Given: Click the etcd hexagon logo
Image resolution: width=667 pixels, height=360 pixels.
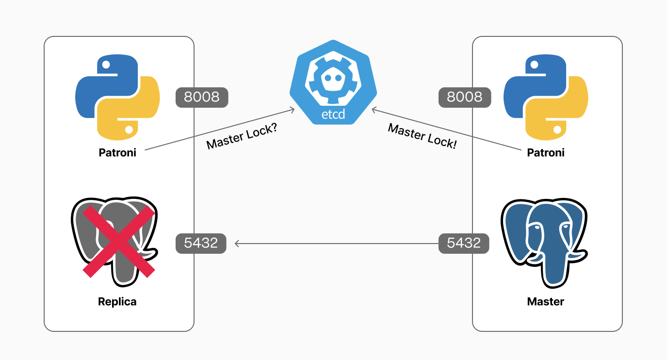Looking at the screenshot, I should click(x=333, y=82).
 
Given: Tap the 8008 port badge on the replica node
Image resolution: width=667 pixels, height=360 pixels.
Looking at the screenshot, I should click(x=202, y=97).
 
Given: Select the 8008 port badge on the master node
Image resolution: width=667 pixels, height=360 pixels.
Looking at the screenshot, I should click(x=464, y=97).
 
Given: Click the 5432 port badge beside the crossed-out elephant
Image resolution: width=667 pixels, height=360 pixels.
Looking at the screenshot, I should click(x=201, y=243).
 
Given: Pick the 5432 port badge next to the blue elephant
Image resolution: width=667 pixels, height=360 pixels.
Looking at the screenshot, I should click(x=464, y=243).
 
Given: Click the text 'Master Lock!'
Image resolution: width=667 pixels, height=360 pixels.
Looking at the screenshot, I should click(x=423, y=136).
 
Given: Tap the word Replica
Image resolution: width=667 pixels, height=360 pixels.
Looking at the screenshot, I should click(x=117, y=302).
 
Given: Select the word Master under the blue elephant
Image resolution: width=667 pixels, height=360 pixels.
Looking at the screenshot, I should click(x=546, y=302).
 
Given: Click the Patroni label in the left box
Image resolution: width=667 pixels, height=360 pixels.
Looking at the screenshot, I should click(x=117, y=153).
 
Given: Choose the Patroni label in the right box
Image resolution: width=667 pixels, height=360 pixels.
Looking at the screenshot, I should click(x=546, y=153).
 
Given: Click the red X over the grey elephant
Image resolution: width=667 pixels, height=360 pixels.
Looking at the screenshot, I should click(x=119, y=241).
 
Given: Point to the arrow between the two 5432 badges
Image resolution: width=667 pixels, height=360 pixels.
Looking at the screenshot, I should click(x=335, y=243).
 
